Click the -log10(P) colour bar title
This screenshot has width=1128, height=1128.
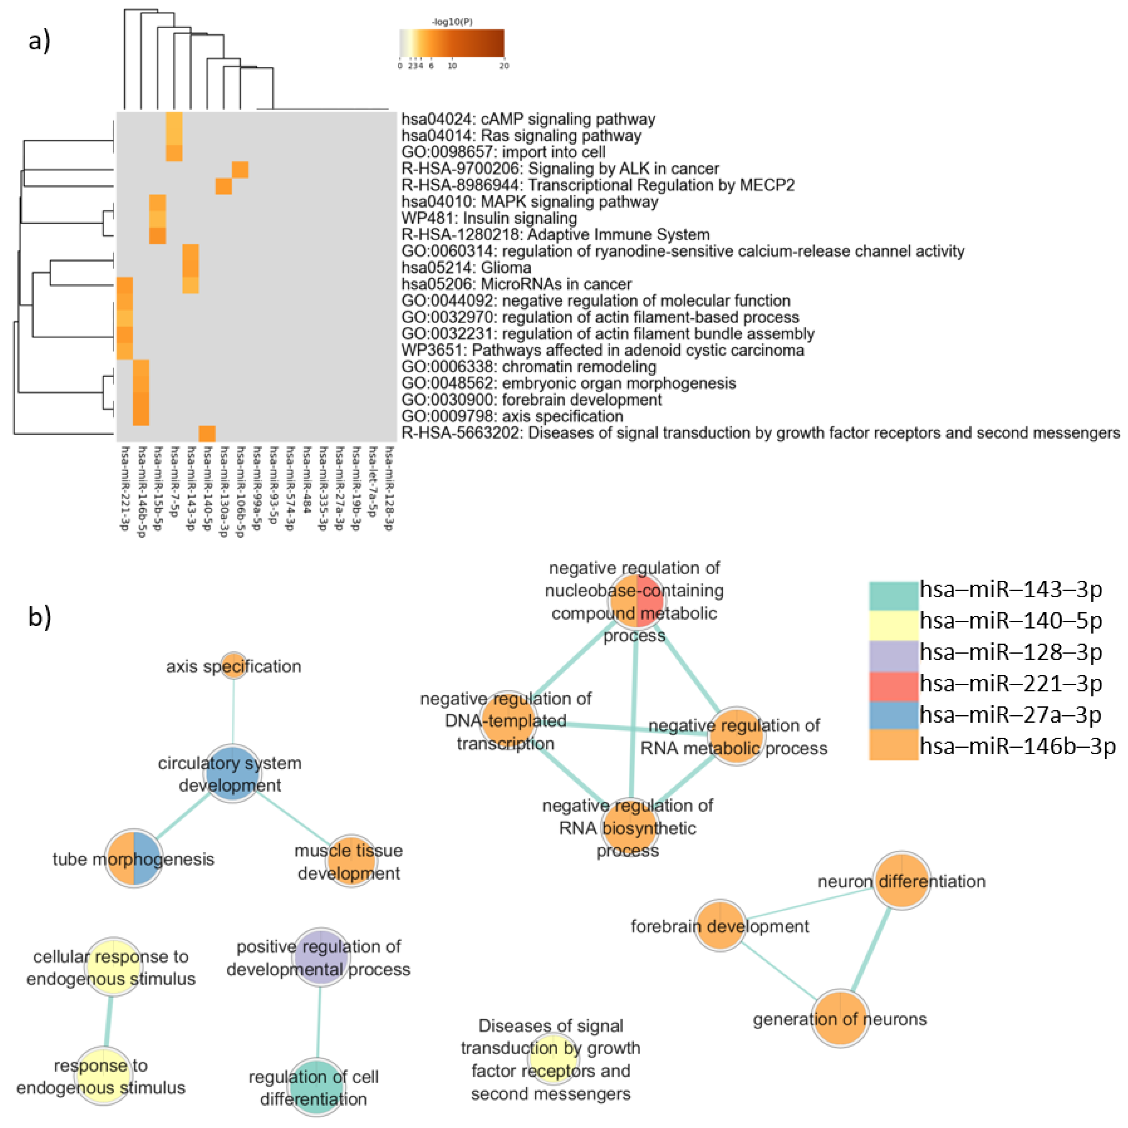click(x=452, y=21)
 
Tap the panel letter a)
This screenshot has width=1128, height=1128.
click(x=39, y=41)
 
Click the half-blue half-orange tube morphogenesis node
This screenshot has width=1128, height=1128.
click(x=134, y=858)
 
